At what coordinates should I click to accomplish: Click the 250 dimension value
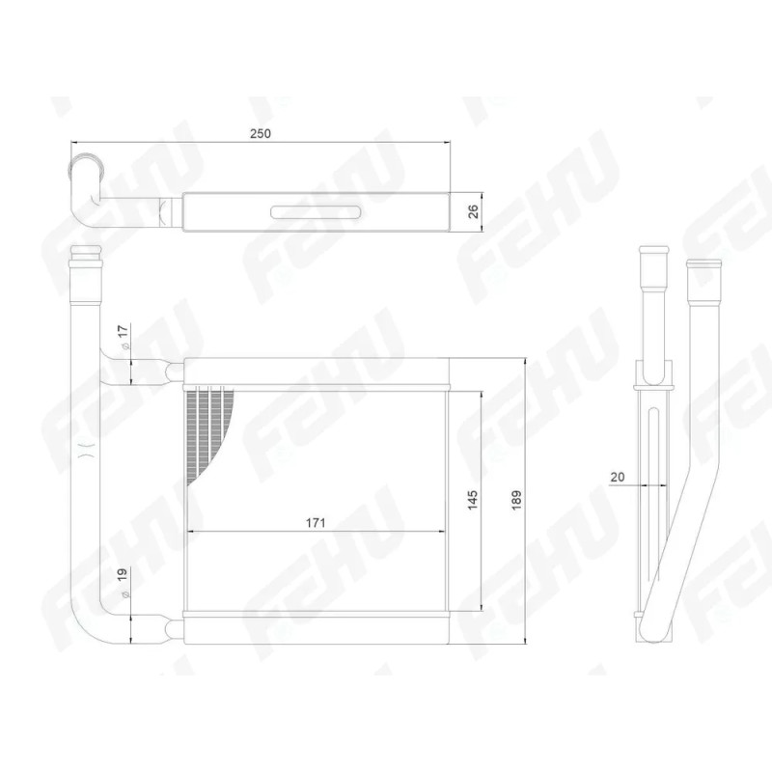261,133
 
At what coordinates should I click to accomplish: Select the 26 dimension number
472,211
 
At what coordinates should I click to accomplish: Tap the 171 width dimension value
316,522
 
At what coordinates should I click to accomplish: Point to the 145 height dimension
472,500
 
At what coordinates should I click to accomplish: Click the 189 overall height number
516,500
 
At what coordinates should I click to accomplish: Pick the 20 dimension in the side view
617,477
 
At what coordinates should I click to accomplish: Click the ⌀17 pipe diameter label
124,337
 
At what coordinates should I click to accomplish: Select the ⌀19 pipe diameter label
124,584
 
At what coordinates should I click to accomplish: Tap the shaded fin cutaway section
207,428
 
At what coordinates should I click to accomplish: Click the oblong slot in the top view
317,211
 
